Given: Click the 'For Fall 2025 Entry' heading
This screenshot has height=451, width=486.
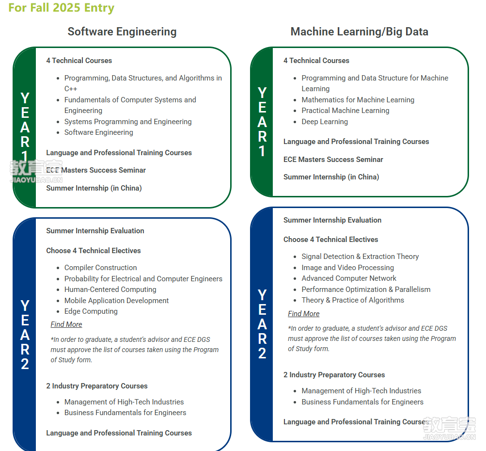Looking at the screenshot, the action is pos(62,8).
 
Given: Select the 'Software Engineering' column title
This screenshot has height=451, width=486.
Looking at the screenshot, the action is pos(122,32).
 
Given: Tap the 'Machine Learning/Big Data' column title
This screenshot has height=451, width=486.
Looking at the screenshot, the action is pos(359,32).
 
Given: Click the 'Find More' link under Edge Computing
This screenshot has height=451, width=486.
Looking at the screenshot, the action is pos(66,324).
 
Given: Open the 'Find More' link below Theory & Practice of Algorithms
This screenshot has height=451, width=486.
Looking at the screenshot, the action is pos(304,314).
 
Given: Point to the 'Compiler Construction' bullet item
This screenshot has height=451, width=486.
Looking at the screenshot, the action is pos(100,267).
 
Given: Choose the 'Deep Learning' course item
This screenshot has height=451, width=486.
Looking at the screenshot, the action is pos(325,122).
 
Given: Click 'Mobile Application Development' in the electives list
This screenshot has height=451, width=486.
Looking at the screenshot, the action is pos(117,301).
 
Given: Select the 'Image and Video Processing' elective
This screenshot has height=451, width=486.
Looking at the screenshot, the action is pos(348,267).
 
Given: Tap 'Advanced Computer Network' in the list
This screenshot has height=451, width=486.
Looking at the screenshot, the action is pos(349,278).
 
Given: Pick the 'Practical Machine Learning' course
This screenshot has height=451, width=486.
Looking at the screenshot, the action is pos(345,111).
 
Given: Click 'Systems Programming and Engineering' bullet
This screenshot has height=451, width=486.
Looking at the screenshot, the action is pos(128,122).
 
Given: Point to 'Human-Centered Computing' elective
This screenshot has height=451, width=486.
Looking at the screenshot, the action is pos(110,290).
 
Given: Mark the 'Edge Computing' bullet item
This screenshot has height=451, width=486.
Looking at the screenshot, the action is pos(91,311).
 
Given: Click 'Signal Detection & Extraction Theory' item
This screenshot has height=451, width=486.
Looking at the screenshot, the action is pos(360,257).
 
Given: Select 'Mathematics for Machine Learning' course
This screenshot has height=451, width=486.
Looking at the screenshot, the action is pos(358,99).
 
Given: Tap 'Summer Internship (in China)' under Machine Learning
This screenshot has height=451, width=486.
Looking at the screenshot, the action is pos(331,177).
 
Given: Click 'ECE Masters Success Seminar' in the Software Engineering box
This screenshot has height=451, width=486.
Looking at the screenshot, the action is pos(96,170).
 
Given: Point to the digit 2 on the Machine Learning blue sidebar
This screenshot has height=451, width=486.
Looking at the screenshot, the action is pos(262,354).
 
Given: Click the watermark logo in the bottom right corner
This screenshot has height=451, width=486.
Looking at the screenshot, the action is pos(450,429).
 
